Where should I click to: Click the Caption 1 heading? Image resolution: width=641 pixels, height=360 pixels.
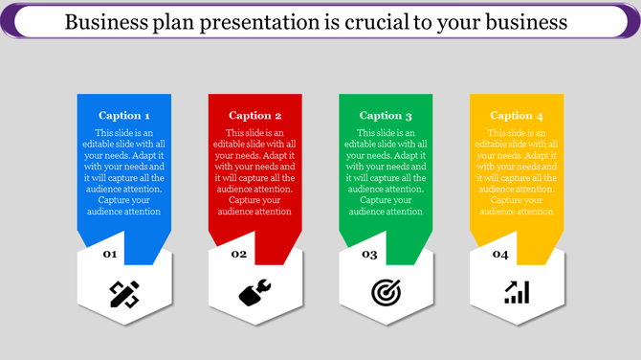pos(123,116)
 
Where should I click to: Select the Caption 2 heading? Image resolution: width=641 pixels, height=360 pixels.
pos(254,116)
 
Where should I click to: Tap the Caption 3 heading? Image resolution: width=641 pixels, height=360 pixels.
pos(386,116)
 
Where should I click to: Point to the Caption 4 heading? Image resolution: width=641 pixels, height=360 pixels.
pos(517,116)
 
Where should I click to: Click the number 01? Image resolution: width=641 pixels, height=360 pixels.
pos(110,254)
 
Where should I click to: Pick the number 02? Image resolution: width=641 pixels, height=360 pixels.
pos(239,254)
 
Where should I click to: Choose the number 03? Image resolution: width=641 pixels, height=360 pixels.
pos(369,255)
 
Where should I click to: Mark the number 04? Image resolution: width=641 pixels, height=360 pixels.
pos(500,255)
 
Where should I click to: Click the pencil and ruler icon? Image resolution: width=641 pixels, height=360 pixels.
pos(124,294)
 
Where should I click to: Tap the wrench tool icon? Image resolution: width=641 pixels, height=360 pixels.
pos(254,293)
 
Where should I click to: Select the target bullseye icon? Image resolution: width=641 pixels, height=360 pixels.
pos(386,293)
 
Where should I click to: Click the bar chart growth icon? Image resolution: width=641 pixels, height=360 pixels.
pos(517,293)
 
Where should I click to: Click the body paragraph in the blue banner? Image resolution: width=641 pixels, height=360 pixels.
pos(123,172)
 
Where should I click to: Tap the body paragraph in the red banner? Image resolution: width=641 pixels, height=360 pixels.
pos(254,172)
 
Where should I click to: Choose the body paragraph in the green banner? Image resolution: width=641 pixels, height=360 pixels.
pos(386,172)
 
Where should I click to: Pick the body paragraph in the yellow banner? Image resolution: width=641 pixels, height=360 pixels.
pos(517,172)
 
